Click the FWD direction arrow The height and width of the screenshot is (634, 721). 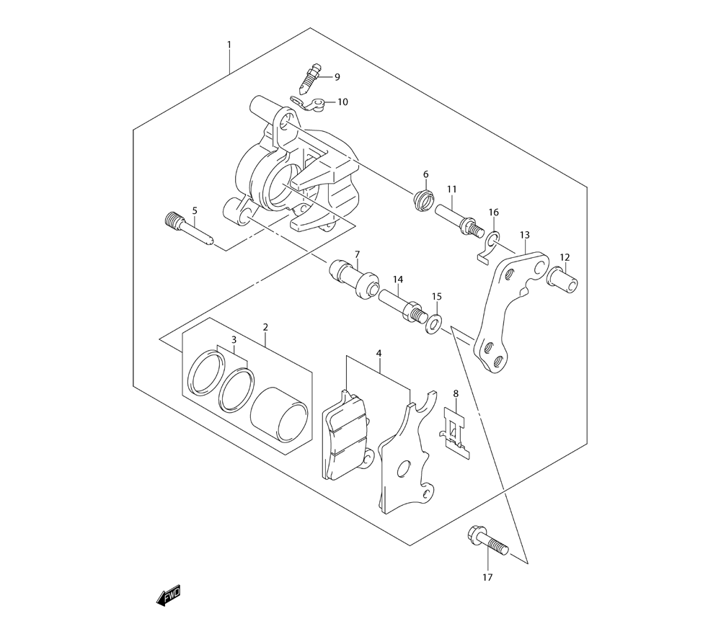(x=168, y=595)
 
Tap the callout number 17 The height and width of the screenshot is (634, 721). (x=487, y=578)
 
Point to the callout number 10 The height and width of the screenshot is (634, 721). (x=343, y=102)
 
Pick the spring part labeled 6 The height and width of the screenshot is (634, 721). (x=424, y=201)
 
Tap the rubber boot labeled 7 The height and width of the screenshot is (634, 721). (x=354, y=279)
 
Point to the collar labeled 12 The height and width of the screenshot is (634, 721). (x=562, y=278)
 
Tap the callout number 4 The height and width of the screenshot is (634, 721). (x=379, y=353)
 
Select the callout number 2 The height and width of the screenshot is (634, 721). (x=265, y=327)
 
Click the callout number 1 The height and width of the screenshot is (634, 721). (x=229, y=45)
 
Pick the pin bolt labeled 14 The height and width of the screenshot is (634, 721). (x=401, y=305)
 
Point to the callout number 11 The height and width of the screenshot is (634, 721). (x=451, y=189)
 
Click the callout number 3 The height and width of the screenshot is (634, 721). (x=234, y=340)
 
